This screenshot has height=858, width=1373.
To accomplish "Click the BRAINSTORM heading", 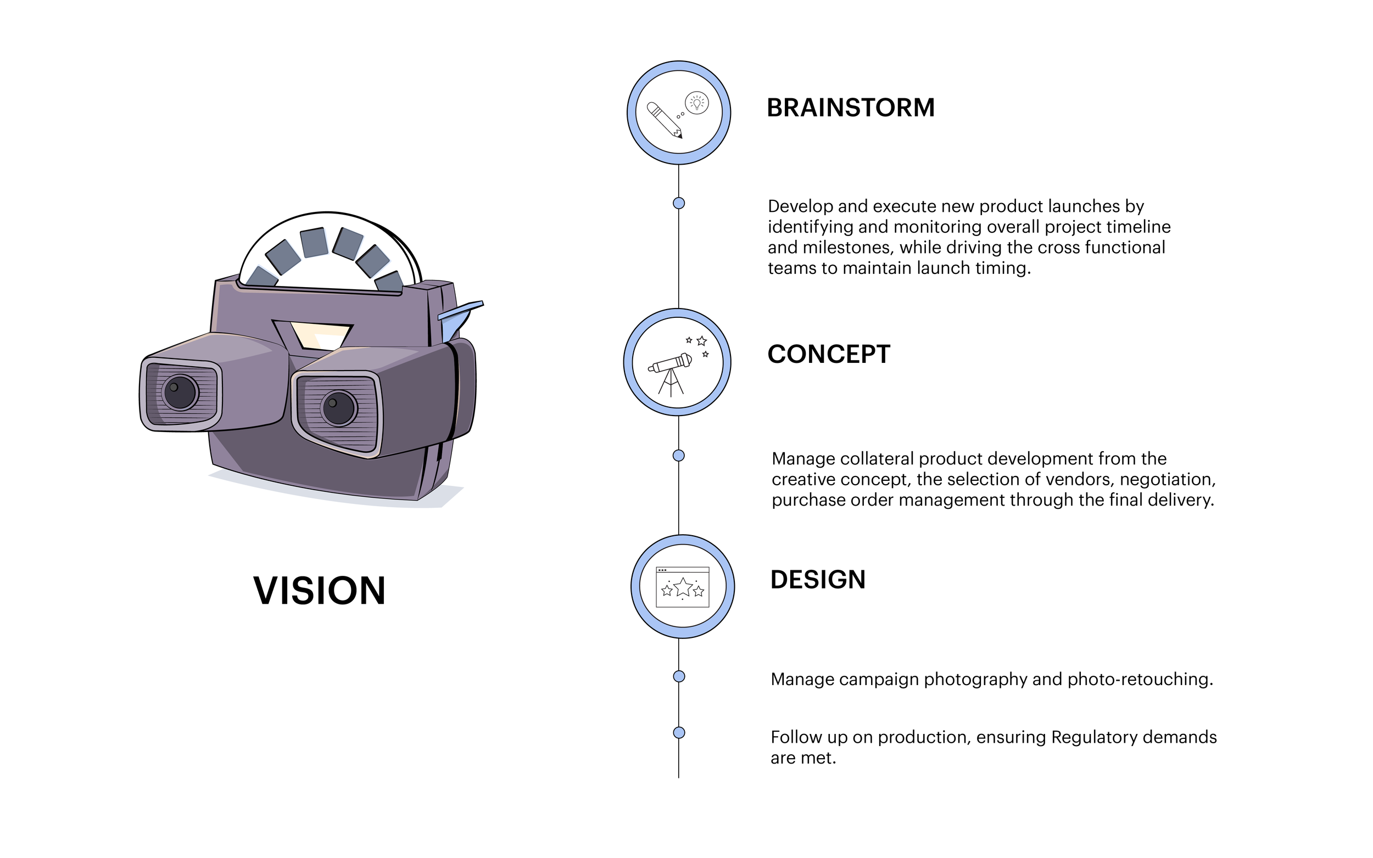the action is pos(850,108).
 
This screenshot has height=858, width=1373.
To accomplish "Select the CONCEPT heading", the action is pos(829,355).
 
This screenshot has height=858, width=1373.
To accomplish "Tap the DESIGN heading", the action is pos(818,580).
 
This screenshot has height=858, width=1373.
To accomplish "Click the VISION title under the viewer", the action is pos(319,591).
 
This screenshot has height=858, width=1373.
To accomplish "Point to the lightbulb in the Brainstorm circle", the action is pos(697,103).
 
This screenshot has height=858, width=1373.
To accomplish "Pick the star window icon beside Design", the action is pos(682,587).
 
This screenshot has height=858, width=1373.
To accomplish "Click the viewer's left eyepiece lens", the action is pos(181,392).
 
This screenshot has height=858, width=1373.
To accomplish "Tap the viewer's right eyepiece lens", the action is pos(339,408).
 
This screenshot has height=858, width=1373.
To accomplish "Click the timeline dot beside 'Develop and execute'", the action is pos(679,203).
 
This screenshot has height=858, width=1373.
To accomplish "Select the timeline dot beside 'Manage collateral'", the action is pos(679,456).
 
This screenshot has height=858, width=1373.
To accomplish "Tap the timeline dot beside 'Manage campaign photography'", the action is pos(679,676).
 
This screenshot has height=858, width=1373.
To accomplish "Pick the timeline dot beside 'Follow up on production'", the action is pos(679,733).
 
